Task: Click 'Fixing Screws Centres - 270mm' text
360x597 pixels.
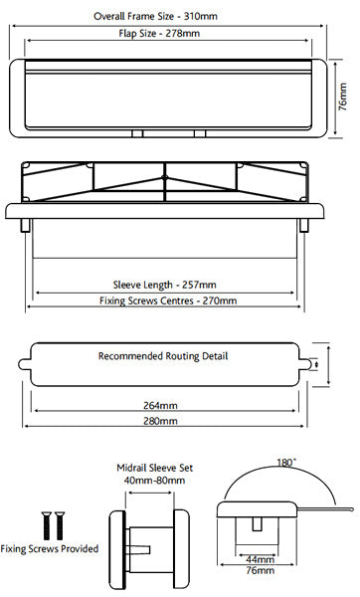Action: (x=169, y=300)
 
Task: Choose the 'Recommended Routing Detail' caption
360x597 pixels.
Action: (x=162, y=355)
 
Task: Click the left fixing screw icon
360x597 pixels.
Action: (x=44, y=523)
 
